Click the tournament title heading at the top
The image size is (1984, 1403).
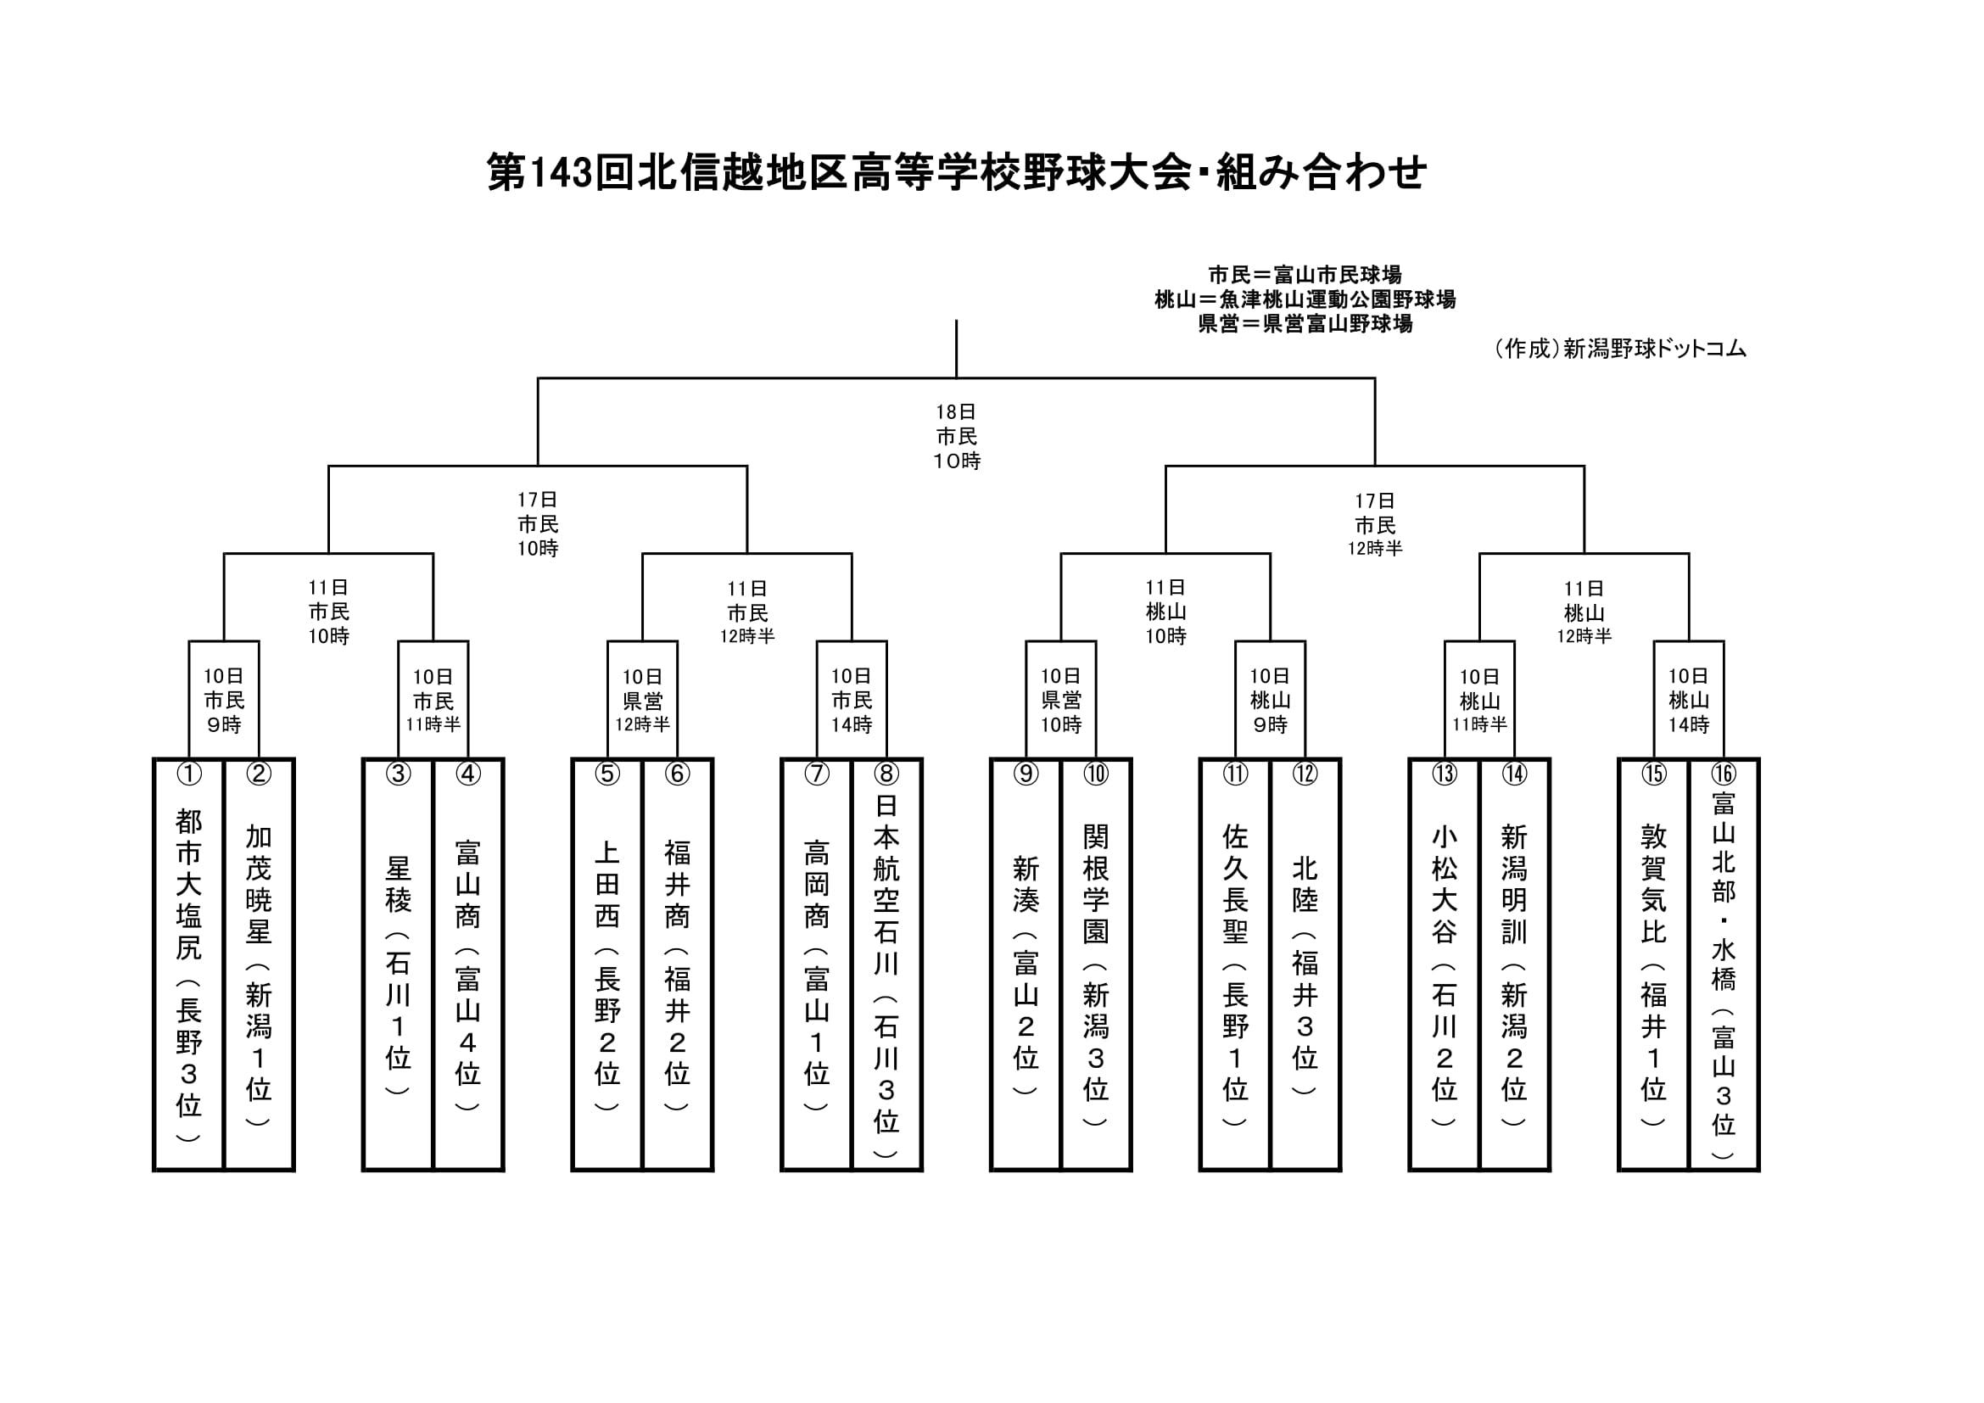click(957, 172)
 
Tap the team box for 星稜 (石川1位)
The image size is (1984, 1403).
click(398, 964)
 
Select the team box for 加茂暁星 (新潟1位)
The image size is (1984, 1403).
click(259, 964)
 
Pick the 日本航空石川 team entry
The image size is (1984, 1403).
click(886, 964)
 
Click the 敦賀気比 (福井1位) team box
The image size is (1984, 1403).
click(1653, 964)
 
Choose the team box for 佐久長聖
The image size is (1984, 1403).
click(1235, 964)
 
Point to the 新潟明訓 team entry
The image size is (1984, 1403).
click(1514, 964)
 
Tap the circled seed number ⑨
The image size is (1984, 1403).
click(1026, 774)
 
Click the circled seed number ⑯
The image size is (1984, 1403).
click(1723, 774)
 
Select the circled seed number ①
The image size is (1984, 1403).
click(188, 774)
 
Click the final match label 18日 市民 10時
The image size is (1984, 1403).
click(957, 436)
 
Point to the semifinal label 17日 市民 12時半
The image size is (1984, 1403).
click(1375, 524)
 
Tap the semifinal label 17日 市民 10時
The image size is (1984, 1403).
click(538, 523)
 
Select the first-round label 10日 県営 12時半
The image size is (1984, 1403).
click(642, 700)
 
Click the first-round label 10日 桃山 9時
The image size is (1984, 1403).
click(1270, 700)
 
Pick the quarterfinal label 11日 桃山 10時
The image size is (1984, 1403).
click(1165, 612)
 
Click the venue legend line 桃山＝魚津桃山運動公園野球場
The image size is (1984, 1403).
click(1305, 299)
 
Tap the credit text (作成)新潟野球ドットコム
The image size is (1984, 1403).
click(1619, 348)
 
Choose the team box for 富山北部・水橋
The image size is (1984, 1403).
click(1723, 964)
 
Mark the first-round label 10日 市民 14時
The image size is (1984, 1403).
click(851, 700)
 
